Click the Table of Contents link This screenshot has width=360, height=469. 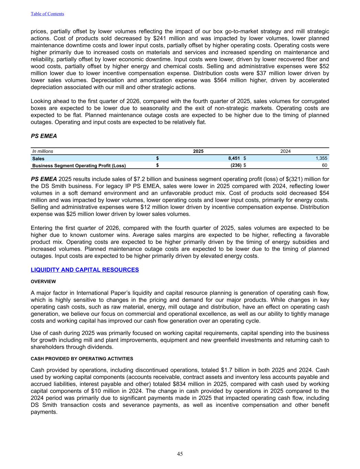(x=47, y=14)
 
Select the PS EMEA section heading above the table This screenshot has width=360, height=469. (x=44, y=136)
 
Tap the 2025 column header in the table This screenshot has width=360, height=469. (x=198, y=151)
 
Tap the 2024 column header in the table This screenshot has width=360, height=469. (x=285, y=151)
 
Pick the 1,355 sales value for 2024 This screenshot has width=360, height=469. (x=322, y=158)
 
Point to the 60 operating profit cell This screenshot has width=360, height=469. (x=325, y=166)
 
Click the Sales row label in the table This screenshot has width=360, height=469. (x=38, y=159)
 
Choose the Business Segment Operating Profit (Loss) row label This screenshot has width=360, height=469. (x=79, y=166)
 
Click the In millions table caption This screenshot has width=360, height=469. (x=43, y=151)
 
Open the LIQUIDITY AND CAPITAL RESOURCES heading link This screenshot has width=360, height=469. (x=85, y=270)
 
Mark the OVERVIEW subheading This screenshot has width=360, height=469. (x=43, y=282)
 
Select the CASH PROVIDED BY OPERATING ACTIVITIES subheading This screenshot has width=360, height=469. (x=82, y=359)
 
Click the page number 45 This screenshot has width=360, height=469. (x=180, y=454)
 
